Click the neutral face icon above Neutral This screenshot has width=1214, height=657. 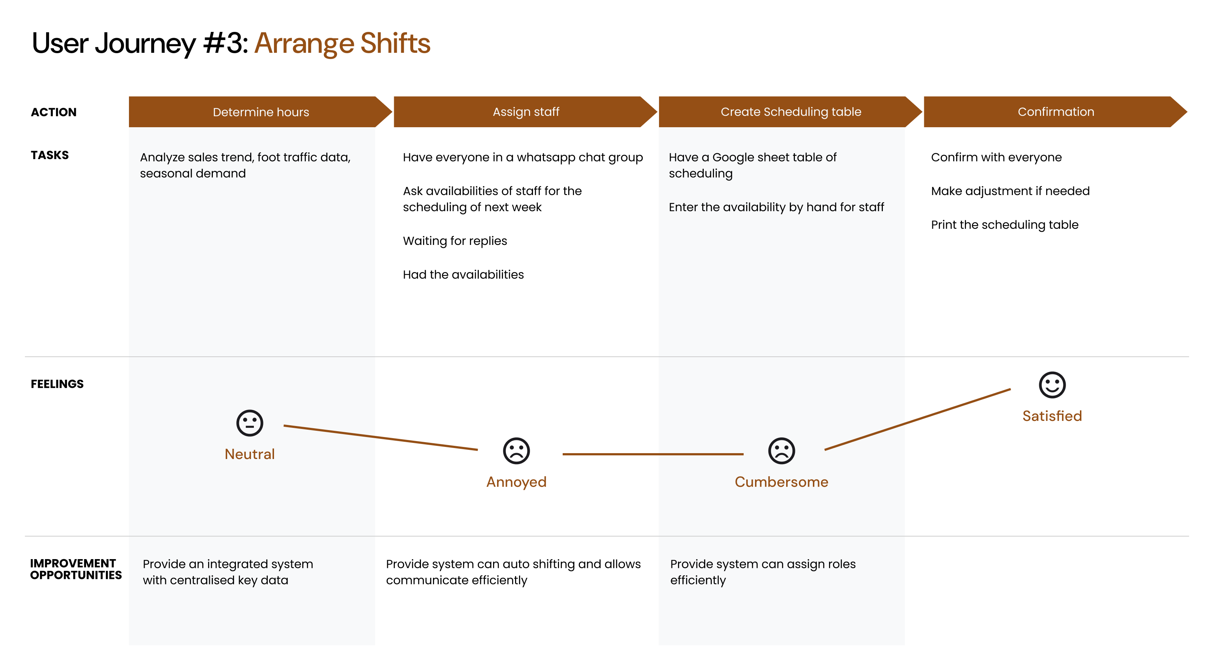click(250, 423)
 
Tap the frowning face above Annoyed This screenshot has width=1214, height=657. click(517, 451)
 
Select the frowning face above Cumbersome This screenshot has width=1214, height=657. click(781, 451)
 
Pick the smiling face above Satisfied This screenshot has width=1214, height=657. click(1052, 385)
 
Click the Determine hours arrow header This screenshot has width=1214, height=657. click(260, 112)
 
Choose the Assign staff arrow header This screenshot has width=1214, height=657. click(525, 112)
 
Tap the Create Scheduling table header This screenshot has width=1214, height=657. click(790, 112)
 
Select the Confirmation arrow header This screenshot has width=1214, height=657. click(1056, 112)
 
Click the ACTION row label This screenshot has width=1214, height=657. click(54, 112)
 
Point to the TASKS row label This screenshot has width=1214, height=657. click(50, 155)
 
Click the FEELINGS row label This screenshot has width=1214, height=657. click(57, 384)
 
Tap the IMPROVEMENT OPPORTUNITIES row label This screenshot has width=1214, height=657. click(76, 569)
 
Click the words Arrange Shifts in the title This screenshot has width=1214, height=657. click(342, 43)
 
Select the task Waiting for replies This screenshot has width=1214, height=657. click(455, 241)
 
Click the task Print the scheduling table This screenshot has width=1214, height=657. click(1005, 225)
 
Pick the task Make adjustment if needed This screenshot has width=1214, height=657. click(1010, 191)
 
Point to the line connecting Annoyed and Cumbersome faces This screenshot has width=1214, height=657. click(653, 454)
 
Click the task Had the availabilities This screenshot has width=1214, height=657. click(463, 275)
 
